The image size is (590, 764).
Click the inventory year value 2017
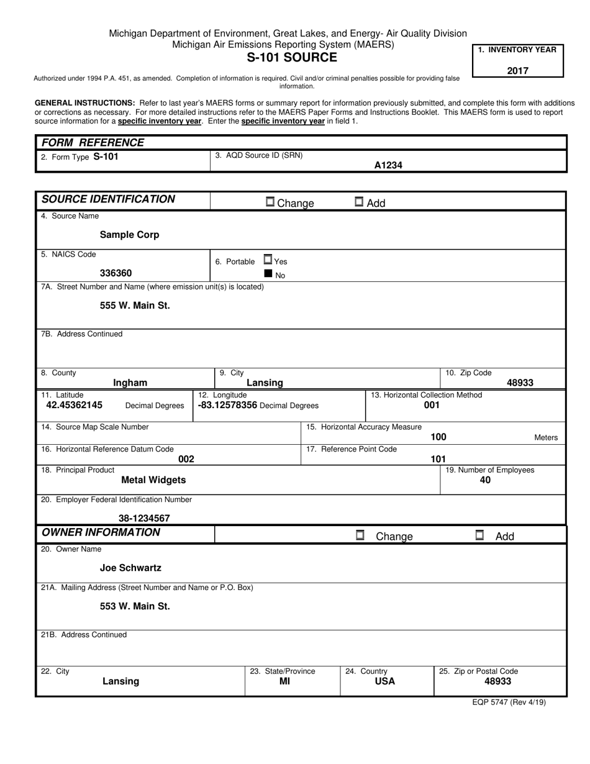click(517, 70)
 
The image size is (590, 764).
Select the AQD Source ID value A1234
click(388, 165)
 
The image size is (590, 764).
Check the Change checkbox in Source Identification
click(270, 202)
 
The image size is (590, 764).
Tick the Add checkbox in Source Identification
click(359, 202)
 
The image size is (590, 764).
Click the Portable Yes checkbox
click(268, 260)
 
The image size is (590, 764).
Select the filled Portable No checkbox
click(268, 273)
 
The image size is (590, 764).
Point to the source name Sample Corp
click(129, 235)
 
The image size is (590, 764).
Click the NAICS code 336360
click(116, 273)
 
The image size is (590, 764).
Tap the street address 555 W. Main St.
click(135, 306)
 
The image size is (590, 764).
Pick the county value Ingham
click(130, 383)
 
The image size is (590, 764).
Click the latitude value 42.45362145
click(75, 405)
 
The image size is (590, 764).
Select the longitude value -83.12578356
click(227, 405)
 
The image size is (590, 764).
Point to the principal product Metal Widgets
click(153, 480)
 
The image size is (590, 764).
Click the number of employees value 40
click(485, 480)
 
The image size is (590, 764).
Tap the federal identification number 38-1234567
click(144, 518)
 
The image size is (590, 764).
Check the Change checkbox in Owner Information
click(360, 535)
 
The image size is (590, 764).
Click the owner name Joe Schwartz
click(130, 568)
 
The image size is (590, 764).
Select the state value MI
click(284, 681)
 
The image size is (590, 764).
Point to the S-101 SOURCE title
click(292, 58)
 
